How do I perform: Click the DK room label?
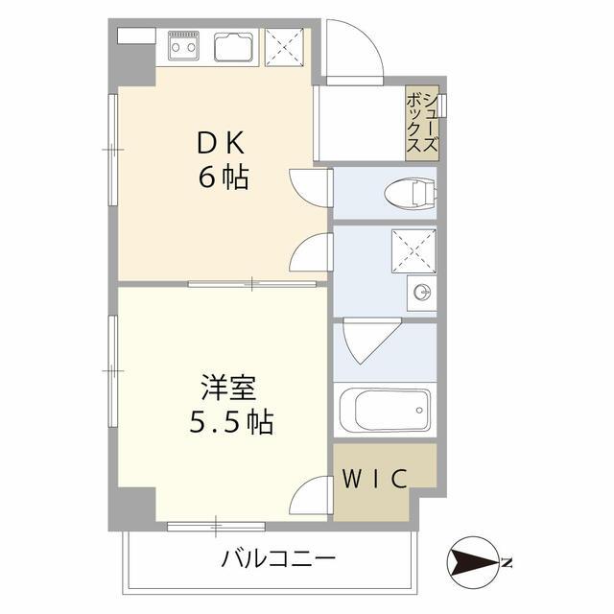223,145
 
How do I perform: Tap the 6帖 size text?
224,177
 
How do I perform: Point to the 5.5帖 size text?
230,421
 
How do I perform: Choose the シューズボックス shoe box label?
422,123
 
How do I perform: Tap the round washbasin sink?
419,292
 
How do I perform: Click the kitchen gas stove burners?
183,43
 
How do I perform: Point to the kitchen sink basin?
234,44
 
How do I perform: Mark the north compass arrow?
474,562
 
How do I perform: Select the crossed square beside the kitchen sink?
283,44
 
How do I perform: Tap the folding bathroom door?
366,341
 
